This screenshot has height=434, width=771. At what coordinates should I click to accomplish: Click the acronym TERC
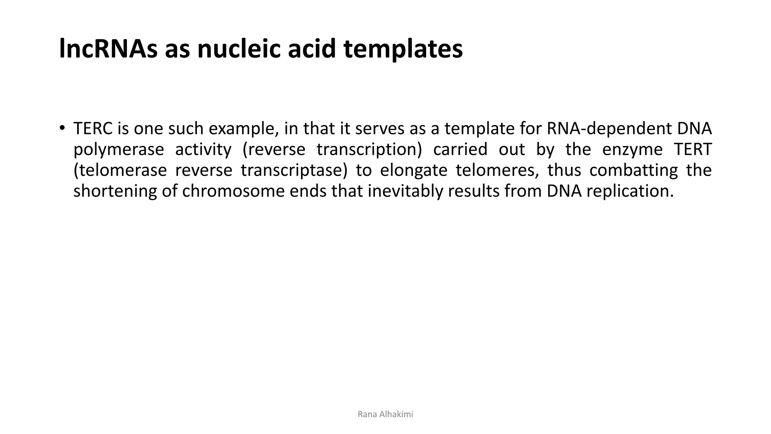coord(93,129)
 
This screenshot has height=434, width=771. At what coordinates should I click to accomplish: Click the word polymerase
coord(119,150)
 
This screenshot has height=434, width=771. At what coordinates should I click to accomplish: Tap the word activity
coord(203,150)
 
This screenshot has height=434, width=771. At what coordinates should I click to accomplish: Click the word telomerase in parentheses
coord(120,170)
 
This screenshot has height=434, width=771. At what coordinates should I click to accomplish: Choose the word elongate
coord(413,170)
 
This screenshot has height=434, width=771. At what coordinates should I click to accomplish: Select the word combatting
coord(633,170)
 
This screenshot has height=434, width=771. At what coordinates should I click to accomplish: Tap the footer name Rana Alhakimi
coord(385,414)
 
